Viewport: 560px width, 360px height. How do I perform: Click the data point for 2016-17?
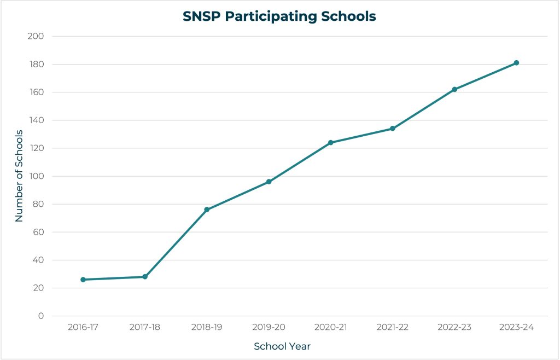pyautogui.click(x=83, y=280)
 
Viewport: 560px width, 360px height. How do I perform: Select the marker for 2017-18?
pyautogui.click(x=145, y=277)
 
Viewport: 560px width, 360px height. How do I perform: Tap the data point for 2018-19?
pyautogui.click(x=207, y=210)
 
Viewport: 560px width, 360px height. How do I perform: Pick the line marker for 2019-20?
pyautogui.click(x=269, y=182)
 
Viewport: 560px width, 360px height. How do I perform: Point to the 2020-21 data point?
pyautogui.click(x=330, y=143)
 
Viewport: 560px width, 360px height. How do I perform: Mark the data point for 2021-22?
pyautogui.click(x=393, y=129)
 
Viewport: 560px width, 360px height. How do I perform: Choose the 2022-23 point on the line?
pyautogui.click(x=454, y=89)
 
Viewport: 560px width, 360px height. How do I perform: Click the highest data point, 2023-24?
pyautogui.click(x=516, y=63)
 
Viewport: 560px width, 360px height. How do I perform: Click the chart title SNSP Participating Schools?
pyautogui.click(x=279, y=16)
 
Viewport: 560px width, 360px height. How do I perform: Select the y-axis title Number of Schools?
pyautogui.click(x=19, y=175)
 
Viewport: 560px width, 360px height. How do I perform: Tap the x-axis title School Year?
pyautogui.click(x=282, y=346)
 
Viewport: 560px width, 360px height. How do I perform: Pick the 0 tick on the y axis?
pyautogui.click(x=40, y=316)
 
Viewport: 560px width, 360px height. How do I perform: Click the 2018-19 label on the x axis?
pyautogui.click(x=207, y=327)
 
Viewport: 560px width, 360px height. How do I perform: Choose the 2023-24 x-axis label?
pyautogui.click(x=516, y=327)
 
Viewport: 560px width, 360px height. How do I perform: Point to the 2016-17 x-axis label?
pyautogui.click(x=83, y=327)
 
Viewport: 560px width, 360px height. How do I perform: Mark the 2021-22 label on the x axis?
pyautogui.click(x=393, y=327)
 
